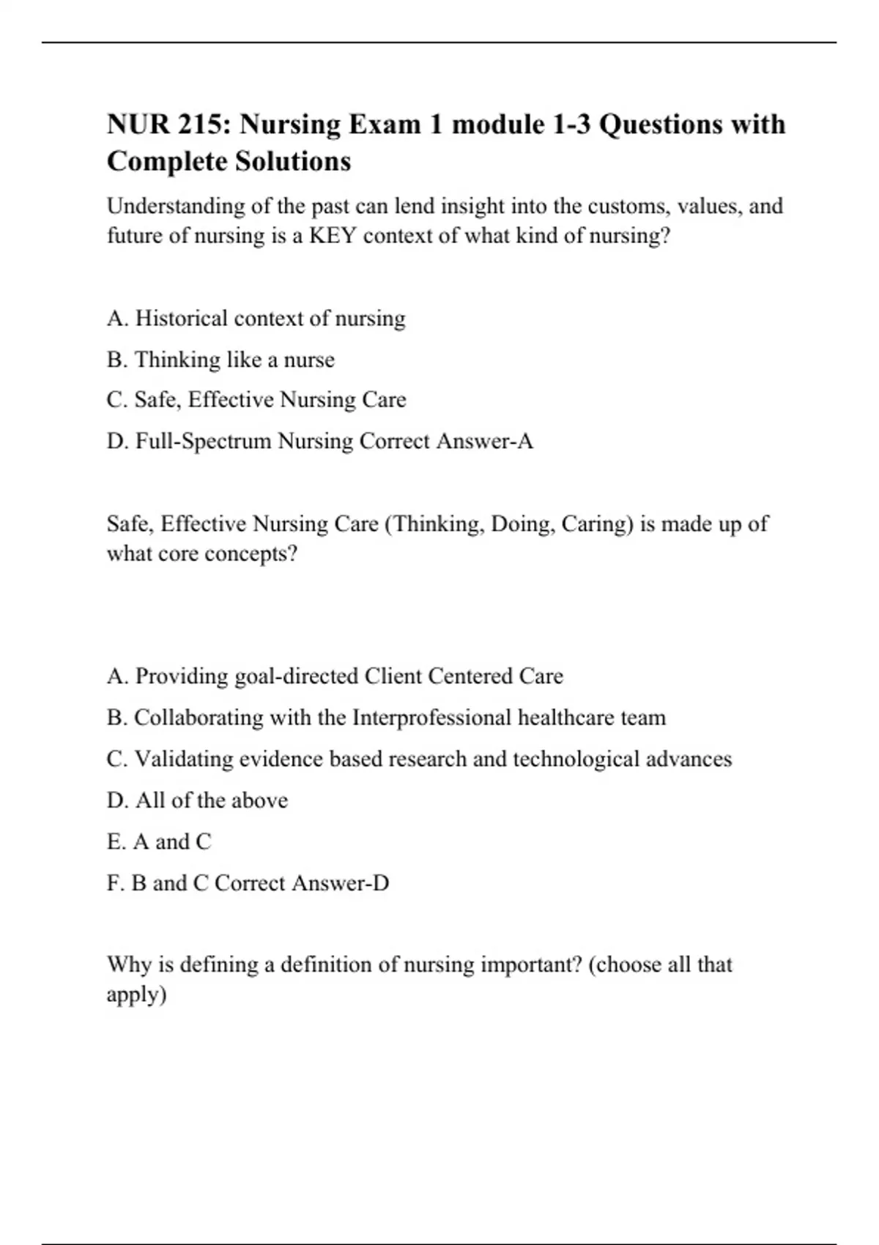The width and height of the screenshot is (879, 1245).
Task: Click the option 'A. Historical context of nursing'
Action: [256, 319]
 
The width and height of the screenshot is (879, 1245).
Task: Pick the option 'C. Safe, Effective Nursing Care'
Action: [256, 400]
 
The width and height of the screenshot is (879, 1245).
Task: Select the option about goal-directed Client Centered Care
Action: [335, 676]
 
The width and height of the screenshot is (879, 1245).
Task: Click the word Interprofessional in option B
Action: [431, 718]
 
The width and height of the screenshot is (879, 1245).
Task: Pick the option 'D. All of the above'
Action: [197, 800]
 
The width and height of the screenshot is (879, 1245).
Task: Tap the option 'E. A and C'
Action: [159, 842]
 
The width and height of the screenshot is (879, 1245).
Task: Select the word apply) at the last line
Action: [137, 995]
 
